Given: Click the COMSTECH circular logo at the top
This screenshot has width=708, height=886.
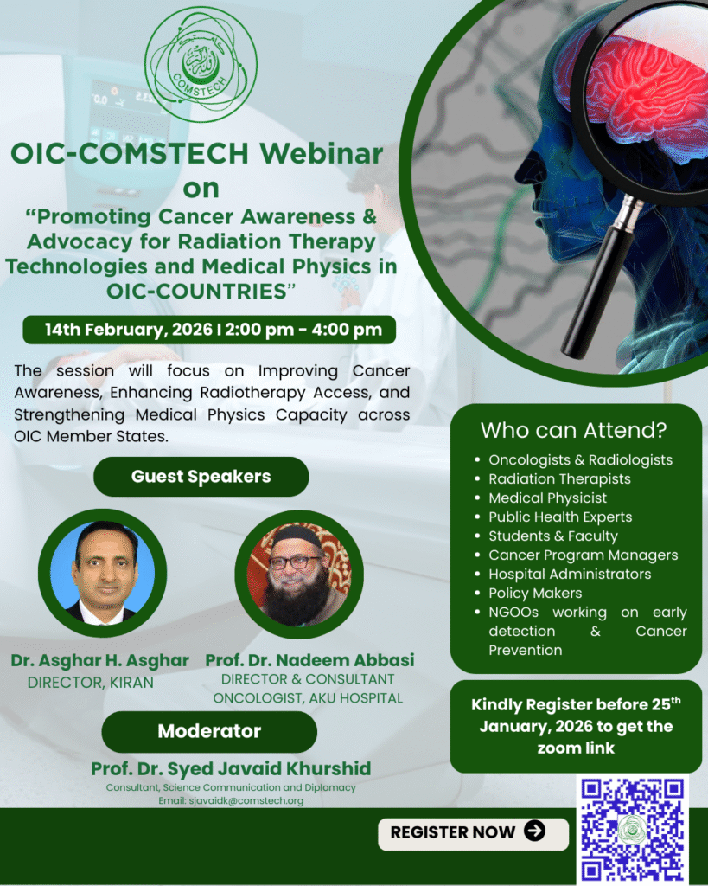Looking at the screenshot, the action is click(x=201, y=64).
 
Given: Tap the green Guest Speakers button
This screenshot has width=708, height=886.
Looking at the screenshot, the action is click(x=201, y=477).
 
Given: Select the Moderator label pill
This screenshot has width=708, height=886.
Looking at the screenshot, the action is click(x=209, y=731).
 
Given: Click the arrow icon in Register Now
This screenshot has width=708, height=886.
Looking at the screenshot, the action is click(x=534, y=831).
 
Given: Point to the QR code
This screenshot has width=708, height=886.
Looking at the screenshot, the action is click(x=633, y=830).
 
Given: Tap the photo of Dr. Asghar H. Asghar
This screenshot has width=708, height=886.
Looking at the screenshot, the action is click(x=102, y=573).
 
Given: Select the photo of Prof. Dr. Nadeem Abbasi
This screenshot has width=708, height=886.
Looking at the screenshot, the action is click(x=299, y=575).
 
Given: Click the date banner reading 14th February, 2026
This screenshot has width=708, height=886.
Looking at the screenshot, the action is click(x=209, y=330).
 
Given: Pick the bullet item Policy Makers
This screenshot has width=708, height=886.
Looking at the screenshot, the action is click(x=535, y=593).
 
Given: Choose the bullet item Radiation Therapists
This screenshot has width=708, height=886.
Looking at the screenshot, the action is click(x=559, y=478).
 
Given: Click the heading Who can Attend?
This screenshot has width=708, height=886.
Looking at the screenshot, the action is click(x=574, y=431).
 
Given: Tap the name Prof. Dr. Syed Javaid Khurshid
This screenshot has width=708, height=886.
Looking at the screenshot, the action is click(x=231, y=768).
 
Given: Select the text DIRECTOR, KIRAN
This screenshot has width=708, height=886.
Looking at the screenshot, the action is click(x=90, y=683).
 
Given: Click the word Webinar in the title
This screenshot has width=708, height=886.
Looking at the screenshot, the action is click(x=322, y=153).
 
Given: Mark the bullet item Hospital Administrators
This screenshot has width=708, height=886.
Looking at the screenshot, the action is click(x=570, y=575).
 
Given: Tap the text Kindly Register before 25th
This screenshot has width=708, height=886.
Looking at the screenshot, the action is click(x=576, y=704).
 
